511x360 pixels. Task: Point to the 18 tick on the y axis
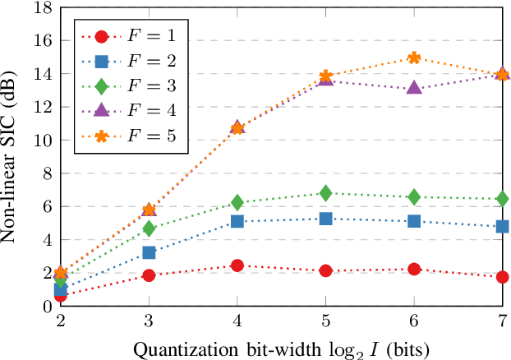41,7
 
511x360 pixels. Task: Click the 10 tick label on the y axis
41,140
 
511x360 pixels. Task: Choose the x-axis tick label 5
325,321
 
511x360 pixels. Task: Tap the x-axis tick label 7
502,321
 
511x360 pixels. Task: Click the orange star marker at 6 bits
414,58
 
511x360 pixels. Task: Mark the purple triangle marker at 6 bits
414,88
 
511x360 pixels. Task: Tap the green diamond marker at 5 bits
325,193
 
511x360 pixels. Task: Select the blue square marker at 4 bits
237,221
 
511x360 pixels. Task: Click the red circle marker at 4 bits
237,265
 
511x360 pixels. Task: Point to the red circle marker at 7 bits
502,277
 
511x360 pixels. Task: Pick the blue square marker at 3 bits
149,252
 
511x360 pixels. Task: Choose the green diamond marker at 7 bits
502,198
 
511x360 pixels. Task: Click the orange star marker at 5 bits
325,76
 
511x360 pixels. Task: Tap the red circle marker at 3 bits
149,275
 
